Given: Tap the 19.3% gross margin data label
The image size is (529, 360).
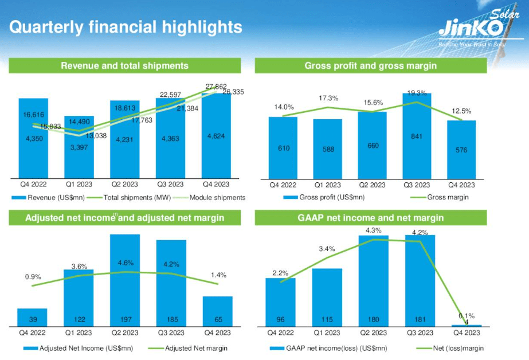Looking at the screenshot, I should [417, 93].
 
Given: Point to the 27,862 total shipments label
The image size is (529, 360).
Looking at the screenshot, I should [215, 87].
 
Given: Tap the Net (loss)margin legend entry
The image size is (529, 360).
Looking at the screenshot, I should [456, 348].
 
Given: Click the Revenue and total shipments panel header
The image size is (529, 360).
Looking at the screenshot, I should [124, 66].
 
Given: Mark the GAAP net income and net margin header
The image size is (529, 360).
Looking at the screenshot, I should [371, 218].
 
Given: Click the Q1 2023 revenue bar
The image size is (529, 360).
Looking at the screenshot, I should [79, 146].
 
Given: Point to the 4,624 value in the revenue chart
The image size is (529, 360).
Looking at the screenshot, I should [216, 136].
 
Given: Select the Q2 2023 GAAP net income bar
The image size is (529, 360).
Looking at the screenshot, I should [373, 281].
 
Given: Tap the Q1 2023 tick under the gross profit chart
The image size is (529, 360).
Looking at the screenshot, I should [327, 185].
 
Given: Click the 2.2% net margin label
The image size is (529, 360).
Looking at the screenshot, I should [280, 273].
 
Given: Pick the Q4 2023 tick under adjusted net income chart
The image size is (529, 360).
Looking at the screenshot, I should [217, 332].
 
